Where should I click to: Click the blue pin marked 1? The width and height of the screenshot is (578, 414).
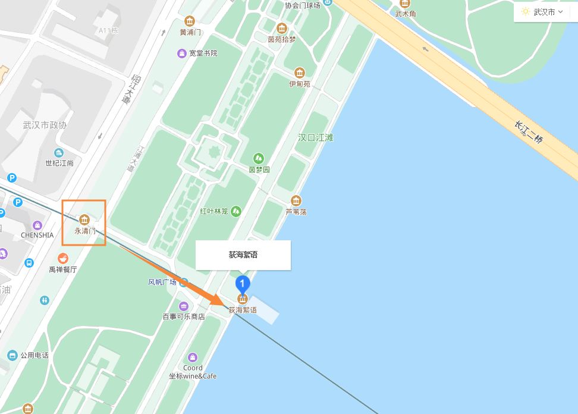pos(243,284)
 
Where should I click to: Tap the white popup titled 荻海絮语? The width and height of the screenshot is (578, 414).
pos(243,255)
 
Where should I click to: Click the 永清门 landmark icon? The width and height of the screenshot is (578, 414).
pos(84,218)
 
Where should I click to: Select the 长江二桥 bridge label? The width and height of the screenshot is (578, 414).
pos(529,132)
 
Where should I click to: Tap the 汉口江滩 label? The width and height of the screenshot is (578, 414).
pos(316,137)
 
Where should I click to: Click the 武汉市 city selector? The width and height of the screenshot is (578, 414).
pos(542,12)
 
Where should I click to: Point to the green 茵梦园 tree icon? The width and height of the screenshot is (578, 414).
pos(259,158)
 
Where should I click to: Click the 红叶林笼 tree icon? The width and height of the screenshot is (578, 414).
pos(236,211)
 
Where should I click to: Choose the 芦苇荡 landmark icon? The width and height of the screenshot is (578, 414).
pos(296,200)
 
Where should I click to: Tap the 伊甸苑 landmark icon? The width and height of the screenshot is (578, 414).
pos(300,73)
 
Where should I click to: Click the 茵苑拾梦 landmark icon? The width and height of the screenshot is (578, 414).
pos(281,28)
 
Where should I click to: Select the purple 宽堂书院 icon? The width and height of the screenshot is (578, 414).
pos(182,54)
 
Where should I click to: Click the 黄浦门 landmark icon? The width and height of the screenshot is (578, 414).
pos(190,21)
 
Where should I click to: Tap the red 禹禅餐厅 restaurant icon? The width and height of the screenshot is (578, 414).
pos(62,258)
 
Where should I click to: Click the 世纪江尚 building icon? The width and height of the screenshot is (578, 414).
pos(59,152)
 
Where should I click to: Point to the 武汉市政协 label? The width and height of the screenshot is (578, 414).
pos(45,125)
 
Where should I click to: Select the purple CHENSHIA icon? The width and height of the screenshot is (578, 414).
pos(37,225)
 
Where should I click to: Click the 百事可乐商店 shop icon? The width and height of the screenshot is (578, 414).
pos(184,306)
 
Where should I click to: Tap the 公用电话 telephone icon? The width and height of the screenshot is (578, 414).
pos(12,355)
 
